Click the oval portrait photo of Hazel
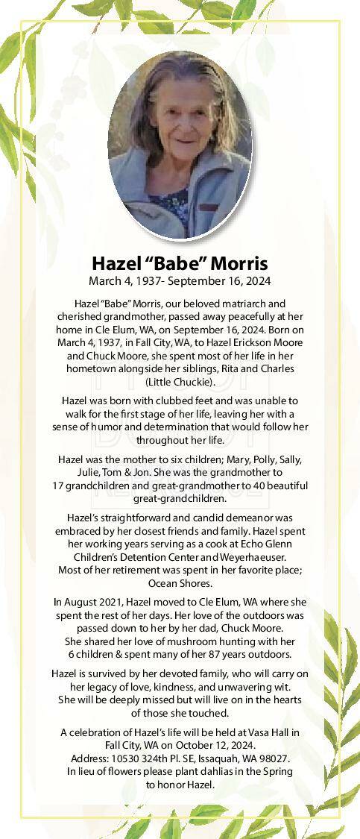[x=180, y=145]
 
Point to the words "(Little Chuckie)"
[x=180, y=382]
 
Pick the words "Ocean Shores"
[x=180, y=583]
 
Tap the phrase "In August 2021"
[x=90, y=602]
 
